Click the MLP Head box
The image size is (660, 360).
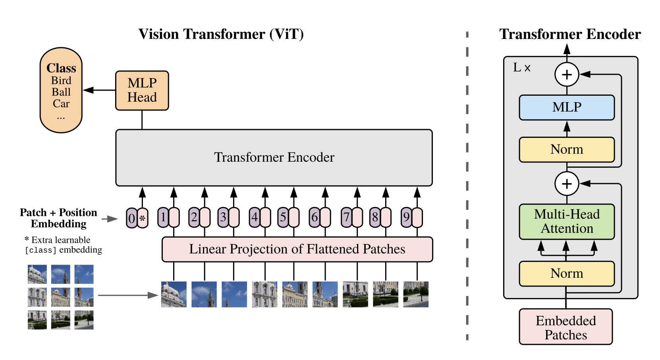click(x=142, y=91)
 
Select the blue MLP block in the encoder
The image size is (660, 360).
click(x=567, y=107)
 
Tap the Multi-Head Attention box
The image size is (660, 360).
click(x=567, y=221)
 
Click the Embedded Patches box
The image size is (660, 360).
click(x=565, y=327)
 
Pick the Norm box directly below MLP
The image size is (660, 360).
click(x=567, y=149)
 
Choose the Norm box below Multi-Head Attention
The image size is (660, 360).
click(x=567, y=273)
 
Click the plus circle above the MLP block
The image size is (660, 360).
click(x=567, y=74)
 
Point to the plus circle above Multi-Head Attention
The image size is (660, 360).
click(x=567, y=184)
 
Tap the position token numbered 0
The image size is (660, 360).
click(x=131, y=218)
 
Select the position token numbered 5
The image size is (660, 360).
click(x=283, y=217)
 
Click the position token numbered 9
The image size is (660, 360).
click(x=406, y=217)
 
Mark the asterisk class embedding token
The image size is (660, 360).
click(x=143, y=218)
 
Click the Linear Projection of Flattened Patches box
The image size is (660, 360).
click(x=297, y=249)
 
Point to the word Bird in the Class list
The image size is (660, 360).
click(x=61, y=80)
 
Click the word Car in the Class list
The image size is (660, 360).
click(x=61, y=104)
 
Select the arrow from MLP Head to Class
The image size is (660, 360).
click(x=99, y=90)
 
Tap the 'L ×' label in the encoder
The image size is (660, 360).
click(x=521, y=68)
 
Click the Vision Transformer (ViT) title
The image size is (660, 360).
click(x=221, y=34)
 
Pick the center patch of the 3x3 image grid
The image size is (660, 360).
click(x=60, y=297)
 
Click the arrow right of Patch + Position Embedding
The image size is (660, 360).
click(x=110, y=219)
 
